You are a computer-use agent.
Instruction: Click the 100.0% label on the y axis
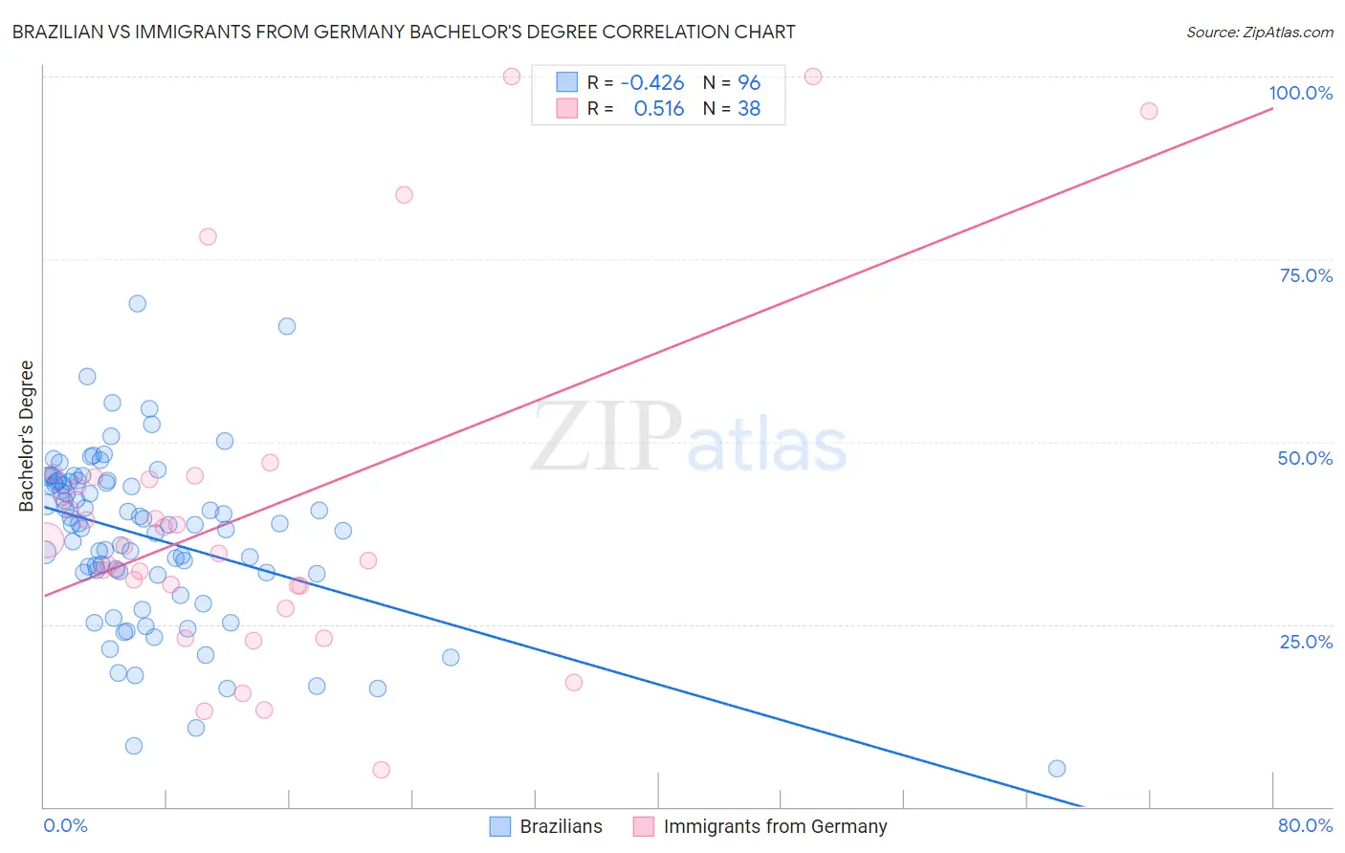coord(1300,93)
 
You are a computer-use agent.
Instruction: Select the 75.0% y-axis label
coord(1306,275)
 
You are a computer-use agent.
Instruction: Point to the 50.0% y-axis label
coord(1305,458)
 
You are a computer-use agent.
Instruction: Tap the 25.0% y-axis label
coord(1306,642)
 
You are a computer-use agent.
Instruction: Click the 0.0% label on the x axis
coord(65,825)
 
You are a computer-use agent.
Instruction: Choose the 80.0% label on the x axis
coord(1305,825)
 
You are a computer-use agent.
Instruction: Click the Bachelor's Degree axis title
coord(27,436)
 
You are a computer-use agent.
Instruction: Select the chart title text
coord(404,32)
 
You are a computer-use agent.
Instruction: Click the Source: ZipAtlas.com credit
coord(1259,33)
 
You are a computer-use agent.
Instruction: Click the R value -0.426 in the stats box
coord(652,83)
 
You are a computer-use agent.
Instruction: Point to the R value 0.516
coord(659,109)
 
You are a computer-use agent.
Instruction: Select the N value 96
coord(749,83)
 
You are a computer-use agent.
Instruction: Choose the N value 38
coord(749,109)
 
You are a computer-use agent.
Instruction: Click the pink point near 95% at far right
coord(1149,111)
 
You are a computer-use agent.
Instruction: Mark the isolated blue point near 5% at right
coord(1057,769)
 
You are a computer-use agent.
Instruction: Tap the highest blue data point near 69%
coord(138,304)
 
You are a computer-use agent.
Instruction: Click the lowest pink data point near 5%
coord(381,770)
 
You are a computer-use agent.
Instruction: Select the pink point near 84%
coord(404,195)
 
